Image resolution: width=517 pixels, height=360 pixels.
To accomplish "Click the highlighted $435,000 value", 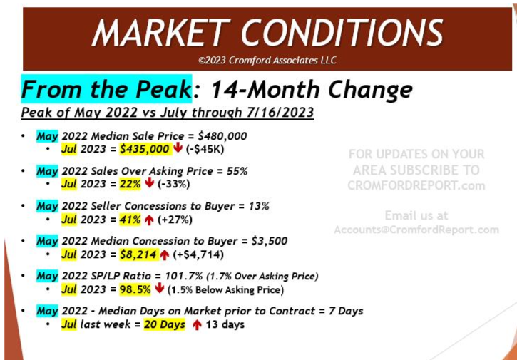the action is click(145, 149).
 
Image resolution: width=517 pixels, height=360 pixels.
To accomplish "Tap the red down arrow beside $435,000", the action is click(178, 148).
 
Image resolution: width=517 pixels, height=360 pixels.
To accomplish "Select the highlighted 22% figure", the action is click(130, 185).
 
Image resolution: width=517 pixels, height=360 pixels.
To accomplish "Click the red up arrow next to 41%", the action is click(149, 220).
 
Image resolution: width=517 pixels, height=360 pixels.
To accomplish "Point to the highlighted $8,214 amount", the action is click(140, 254).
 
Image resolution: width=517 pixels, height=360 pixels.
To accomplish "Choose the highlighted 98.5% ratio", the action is click(135, 289).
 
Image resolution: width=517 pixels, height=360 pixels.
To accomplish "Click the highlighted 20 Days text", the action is click(165, 325).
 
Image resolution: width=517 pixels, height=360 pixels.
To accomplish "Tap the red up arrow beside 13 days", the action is click(197, 325).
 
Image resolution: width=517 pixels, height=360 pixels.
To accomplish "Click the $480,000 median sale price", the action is click(221, 136).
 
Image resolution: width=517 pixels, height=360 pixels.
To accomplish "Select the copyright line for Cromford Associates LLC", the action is click(267, 61).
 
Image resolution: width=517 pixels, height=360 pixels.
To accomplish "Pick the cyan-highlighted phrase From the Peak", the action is click(106, 89).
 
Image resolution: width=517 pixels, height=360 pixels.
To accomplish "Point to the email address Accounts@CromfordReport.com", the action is click(416, 230).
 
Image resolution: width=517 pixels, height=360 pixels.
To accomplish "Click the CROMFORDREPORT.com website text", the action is click(416, 185).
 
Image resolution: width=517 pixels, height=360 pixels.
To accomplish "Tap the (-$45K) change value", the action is click(205, 149).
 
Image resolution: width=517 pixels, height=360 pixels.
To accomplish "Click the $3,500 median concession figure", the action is click(269, 241).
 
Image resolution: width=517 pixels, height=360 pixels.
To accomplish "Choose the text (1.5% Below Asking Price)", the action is click(225, 290).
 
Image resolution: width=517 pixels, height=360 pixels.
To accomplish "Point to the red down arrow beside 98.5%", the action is click(160, 289).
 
